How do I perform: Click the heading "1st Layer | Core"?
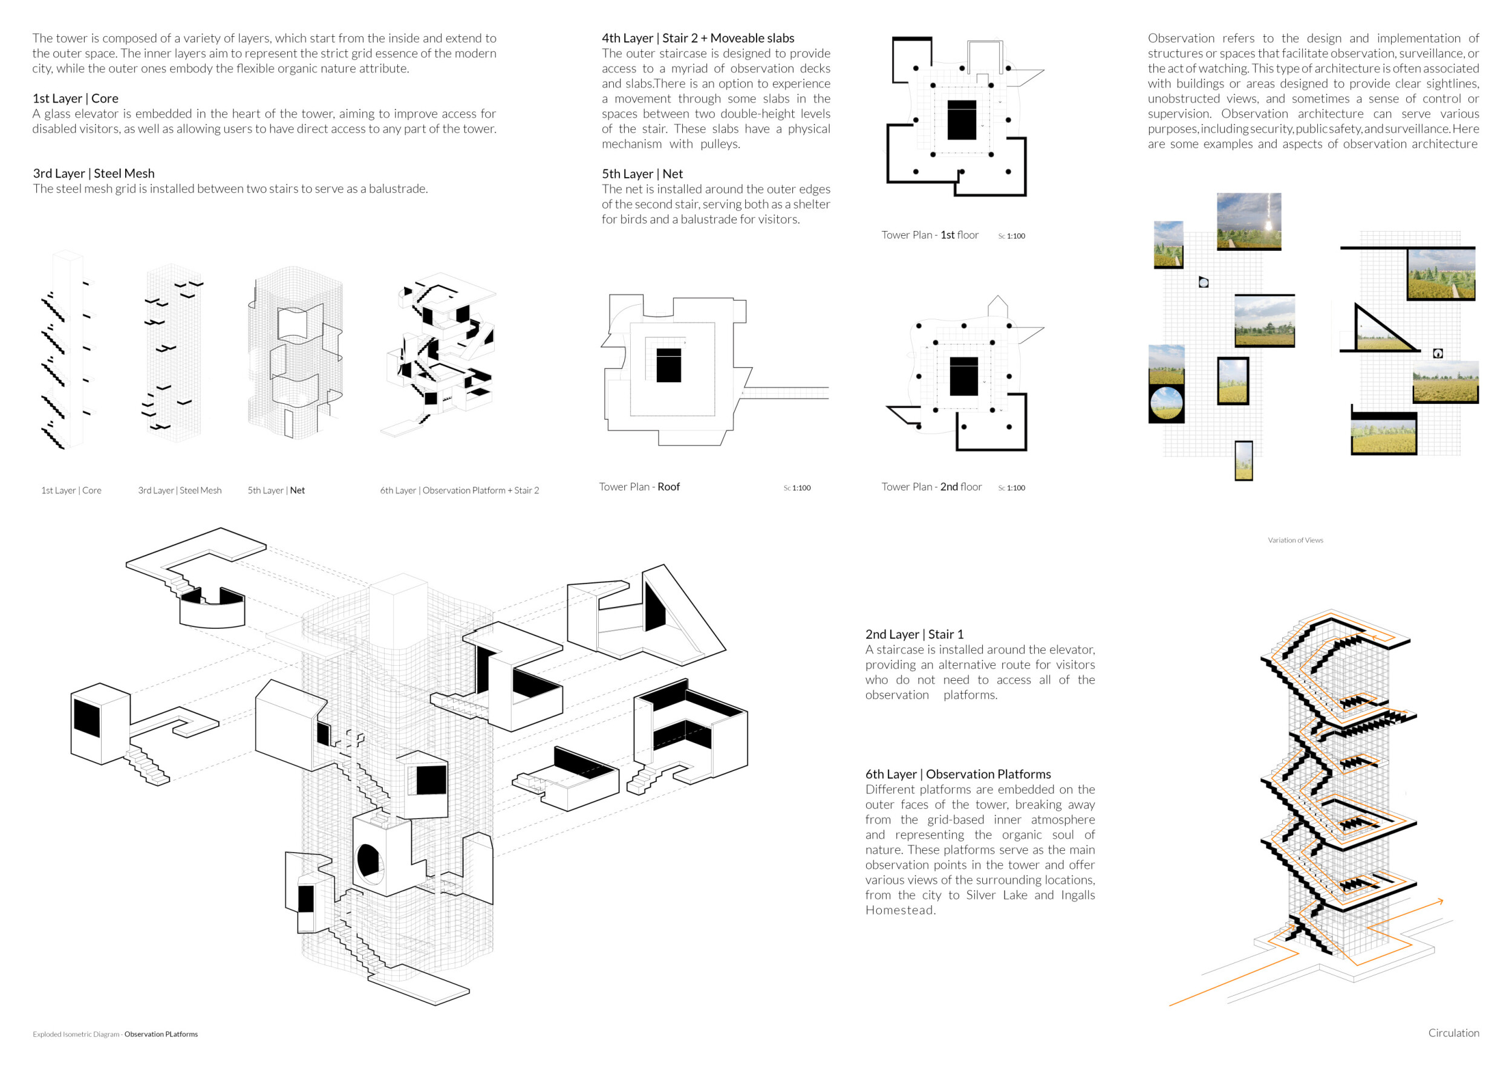click(x=75, y=99)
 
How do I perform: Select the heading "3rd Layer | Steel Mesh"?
click(x=94, y=174)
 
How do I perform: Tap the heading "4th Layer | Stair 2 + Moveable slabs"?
click(x=697, y=38)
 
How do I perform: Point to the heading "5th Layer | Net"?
click(x=642, y=174)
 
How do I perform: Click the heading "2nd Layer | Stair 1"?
click(x=913, y=634)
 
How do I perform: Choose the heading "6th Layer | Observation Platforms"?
click(x=957, y=774)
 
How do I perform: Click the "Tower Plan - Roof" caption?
click(x=639, y=487)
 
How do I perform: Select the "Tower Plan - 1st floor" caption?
click(x=929, y=235)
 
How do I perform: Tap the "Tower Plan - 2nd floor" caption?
click(x=931, y=487)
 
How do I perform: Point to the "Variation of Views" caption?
click(x=1295, y=541)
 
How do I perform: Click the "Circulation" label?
click(x=1453, y=1033)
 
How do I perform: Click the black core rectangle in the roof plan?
click(x=668, y=365)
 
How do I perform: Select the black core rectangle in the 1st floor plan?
click(x=962, y=120)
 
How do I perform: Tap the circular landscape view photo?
click(x=1165, y=403)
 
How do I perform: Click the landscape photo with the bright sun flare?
click(x=1248, y=221)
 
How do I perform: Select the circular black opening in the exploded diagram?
click(x=368, y=860)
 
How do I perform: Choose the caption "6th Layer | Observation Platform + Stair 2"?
click(x=459, y=490)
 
